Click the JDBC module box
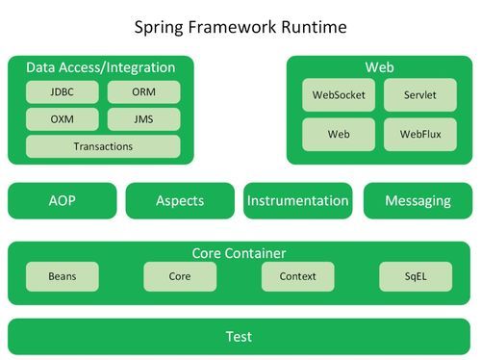pos(62,93)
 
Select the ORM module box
pos(142,93)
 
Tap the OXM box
pos(62,119)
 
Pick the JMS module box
pos(142,119)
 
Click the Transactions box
pos(103,146)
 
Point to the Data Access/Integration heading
pos(101,67)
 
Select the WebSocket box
pos(339,95)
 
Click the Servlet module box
pos(420,95)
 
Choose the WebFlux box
pos(420,134)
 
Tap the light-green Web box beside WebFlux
pos(339,134)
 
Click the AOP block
pos(62,201)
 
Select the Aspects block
pos(180,201)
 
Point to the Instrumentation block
pos(298,201)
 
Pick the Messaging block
pos(418,201)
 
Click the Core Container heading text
pos(239,253)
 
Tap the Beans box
pos(62,276)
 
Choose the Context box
pos(298,276)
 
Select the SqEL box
pos(416,276)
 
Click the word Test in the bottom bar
pos(239,336)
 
